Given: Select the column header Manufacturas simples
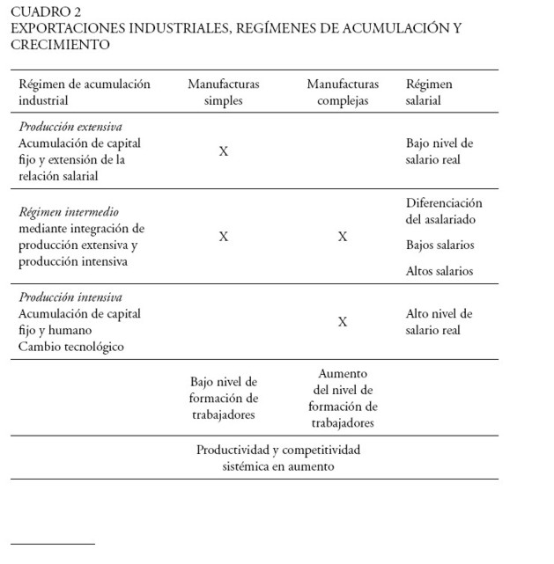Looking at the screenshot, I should click(x=224, y=92).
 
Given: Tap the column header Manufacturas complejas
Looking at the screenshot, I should click(x=343, y=92).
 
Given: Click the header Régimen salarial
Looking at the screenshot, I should click(x=429, y=92).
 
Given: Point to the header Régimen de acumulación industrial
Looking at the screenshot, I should click(x=85, y=92).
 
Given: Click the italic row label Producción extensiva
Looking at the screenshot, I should click(x=70, y=127).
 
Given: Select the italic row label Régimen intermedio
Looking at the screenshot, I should click(x=69, y=212).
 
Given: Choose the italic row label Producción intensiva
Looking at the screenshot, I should click(x=70, y=297).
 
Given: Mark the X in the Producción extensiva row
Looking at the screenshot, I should click(x=224, y=151).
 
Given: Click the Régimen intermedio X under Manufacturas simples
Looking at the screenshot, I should click(x=224, y=237).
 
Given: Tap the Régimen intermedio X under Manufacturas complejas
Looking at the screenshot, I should click(x=343, y=237).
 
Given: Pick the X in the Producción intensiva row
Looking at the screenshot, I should click(x=343, y=322).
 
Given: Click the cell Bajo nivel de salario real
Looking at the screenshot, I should click(x=440, y=151).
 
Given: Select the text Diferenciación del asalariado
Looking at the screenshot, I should click(x=444, y=211).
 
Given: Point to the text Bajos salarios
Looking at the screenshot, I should click(x=440, y=245).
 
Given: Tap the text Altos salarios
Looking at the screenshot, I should click(x=440, y=271).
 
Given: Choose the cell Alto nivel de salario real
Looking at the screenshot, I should click(x=440, y=322).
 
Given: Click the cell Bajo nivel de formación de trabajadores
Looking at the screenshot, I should click(x=224, y=399).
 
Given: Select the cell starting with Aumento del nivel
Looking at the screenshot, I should click(x=343, y=399).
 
